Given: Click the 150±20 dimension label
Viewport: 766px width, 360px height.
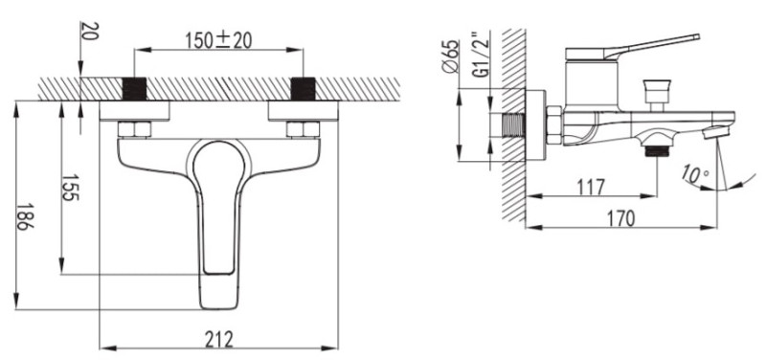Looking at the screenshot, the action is (218, 39).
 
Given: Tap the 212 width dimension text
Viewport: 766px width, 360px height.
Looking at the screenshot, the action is (218, 339).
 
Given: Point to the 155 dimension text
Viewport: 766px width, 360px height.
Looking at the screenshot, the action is (70, 188).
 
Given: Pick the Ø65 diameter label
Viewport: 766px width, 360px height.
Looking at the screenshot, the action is (452, 56).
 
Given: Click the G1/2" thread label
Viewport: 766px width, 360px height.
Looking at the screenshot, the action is (482, 55).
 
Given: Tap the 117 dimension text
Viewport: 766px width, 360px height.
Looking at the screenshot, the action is (591, 187).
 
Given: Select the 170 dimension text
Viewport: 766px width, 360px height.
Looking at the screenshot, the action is (620, 218).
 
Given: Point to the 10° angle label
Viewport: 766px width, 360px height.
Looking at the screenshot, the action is (697, 174).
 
